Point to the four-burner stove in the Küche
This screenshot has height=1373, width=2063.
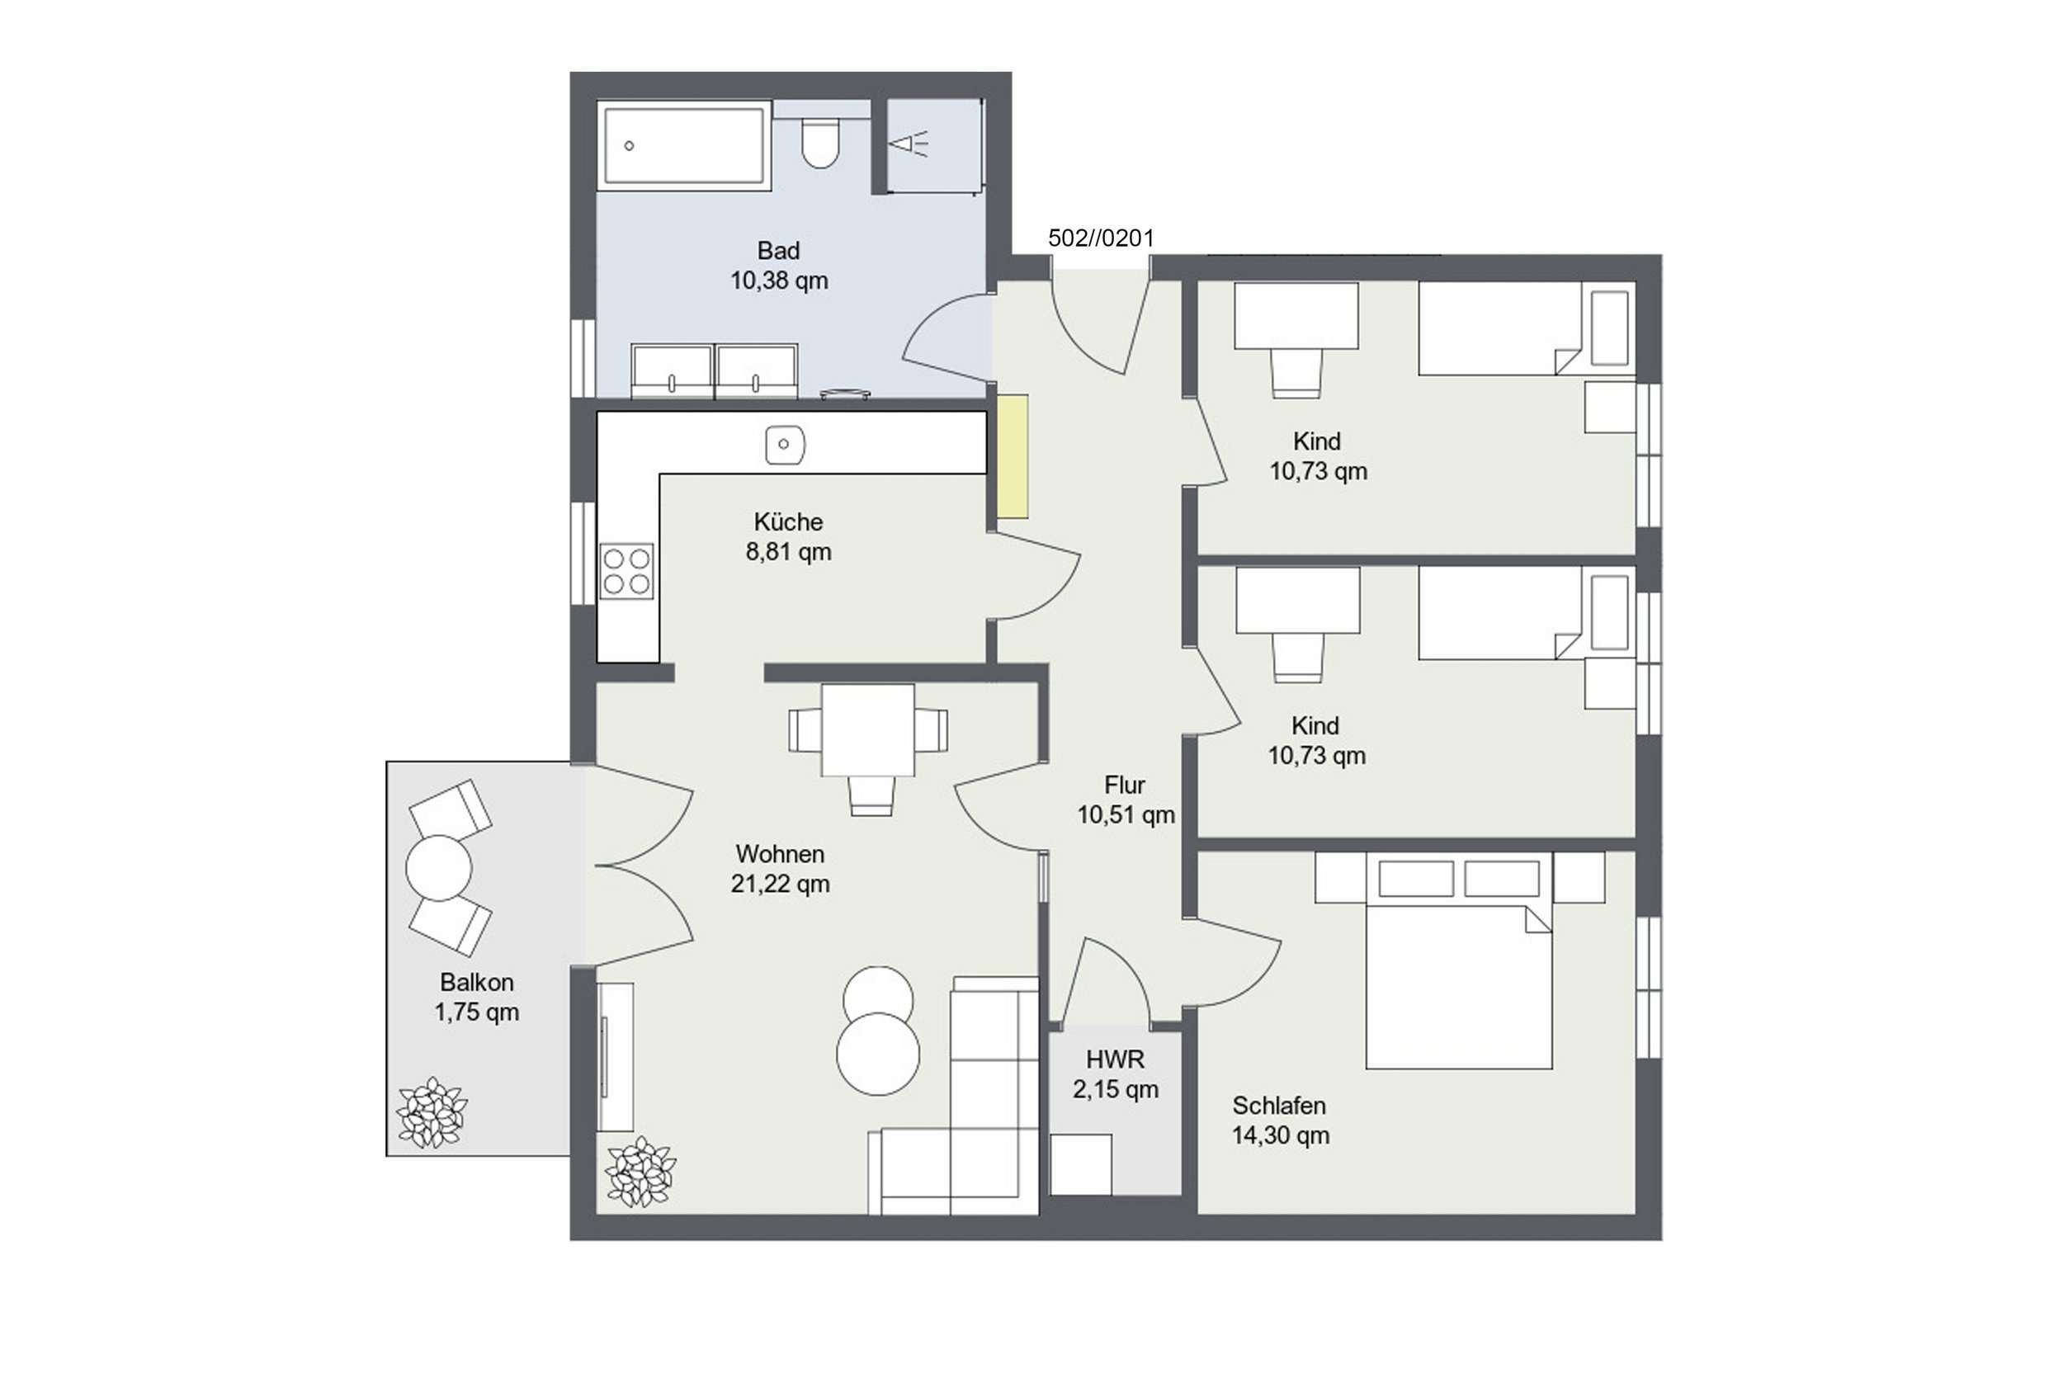627,571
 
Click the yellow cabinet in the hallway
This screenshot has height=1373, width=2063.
1013,456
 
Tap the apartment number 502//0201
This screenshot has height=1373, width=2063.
1101,238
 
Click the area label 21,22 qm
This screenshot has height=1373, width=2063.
780,884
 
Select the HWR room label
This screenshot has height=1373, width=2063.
1115,1059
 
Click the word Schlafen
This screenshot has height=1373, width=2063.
1279,1105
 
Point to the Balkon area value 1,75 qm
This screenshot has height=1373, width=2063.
476,1012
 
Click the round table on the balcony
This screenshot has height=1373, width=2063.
439,867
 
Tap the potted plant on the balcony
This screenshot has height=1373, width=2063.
432,1112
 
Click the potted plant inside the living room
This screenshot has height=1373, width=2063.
642,1172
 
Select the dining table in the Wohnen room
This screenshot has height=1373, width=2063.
868,730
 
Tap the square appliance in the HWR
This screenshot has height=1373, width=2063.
1080,1163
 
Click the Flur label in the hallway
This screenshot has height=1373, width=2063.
1124,785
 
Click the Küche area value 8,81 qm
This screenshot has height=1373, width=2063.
788,552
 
